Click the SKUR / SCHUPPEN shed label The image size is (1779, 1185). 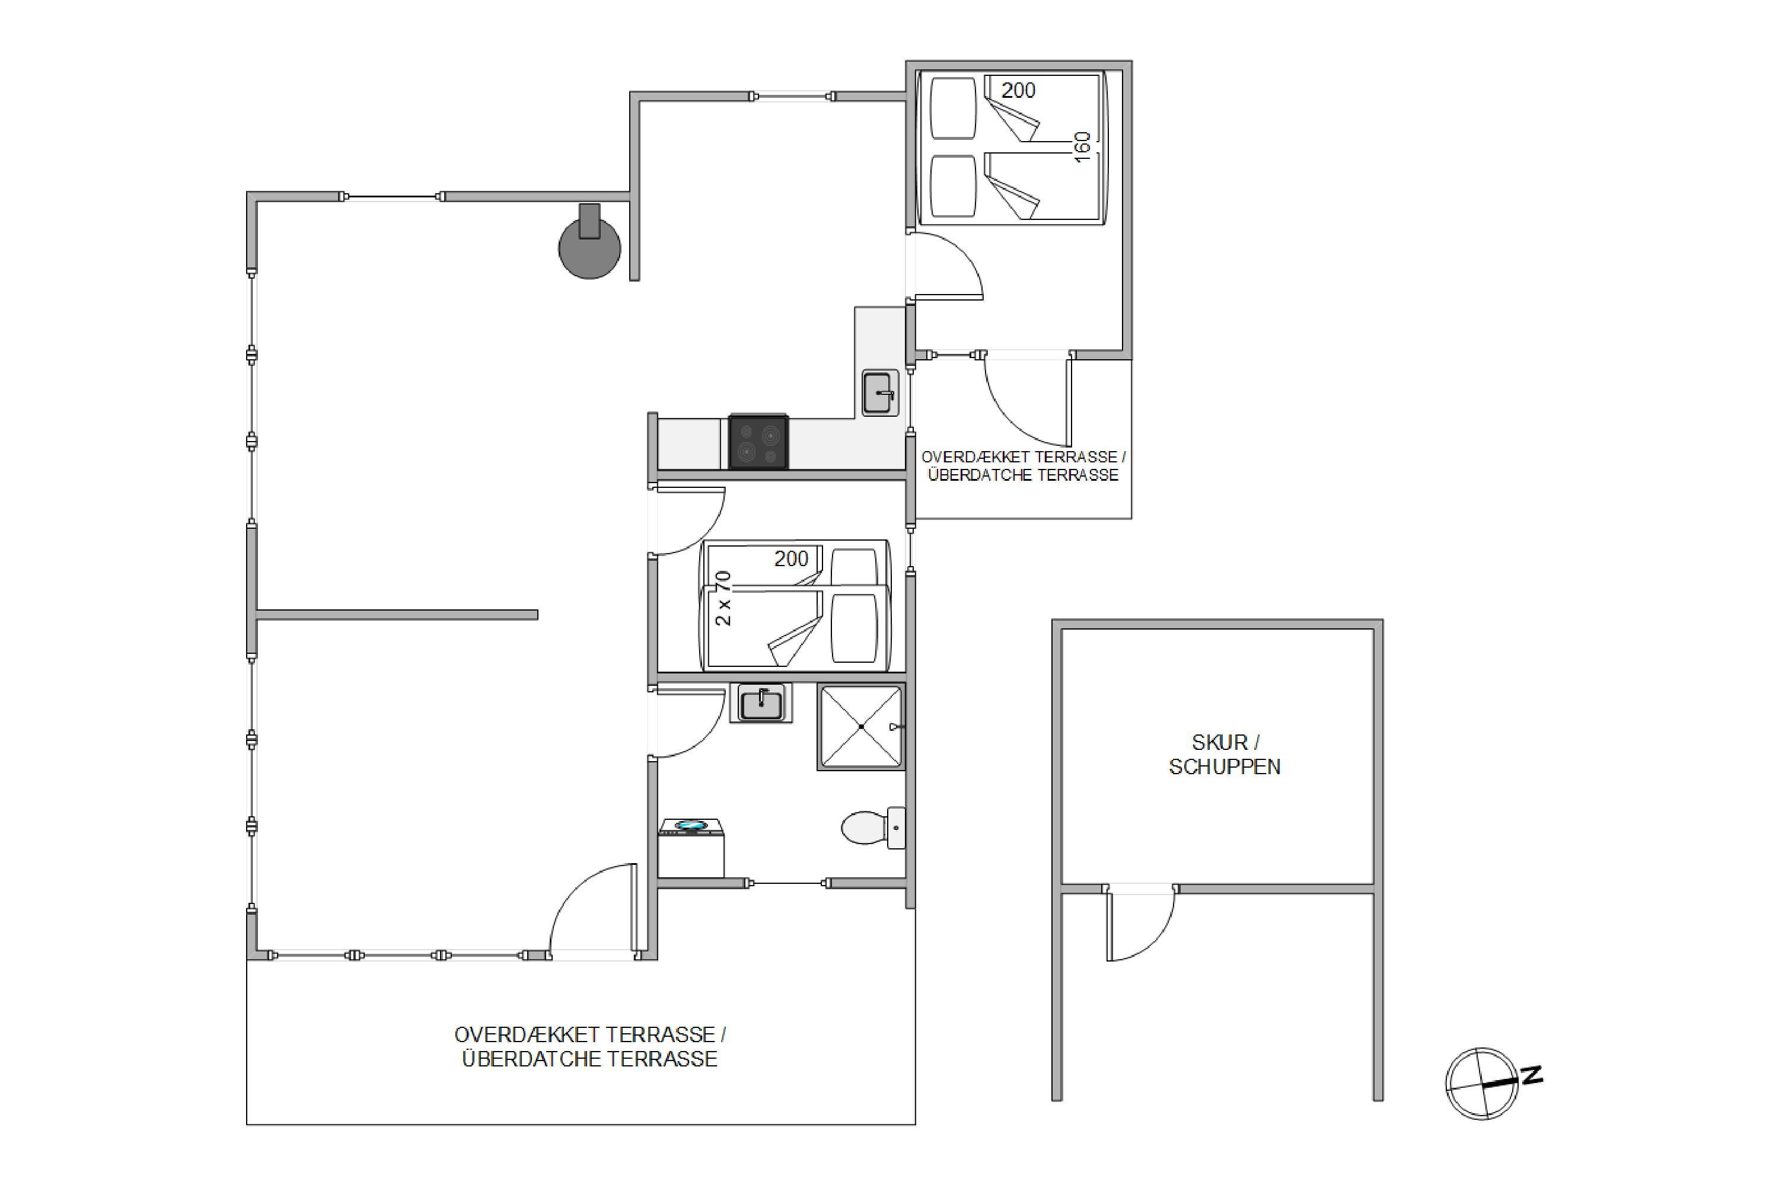1224,754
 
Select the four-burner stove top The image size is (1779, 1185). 758,442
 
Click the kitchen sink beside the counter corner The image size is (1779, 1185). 880,393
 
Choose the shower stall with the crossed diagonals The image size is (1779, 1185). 861,727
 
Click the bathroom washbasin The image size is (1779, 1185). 761,703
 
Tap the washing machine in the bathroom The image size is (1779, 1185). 691,847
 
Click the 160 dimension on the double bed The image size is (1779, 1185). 1082,146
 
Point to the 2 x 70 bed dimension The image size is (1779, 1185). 723,599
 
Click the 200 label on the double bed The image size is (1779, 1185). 1018,91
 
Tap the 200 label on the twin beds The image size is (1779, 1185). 791,558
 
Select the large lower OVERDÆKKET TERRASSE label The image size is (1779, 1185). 589,1034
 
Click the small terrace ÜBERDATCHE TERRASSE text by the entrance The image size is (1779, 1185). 1023,475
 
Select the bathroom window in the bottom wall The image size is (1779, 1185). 789,883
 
